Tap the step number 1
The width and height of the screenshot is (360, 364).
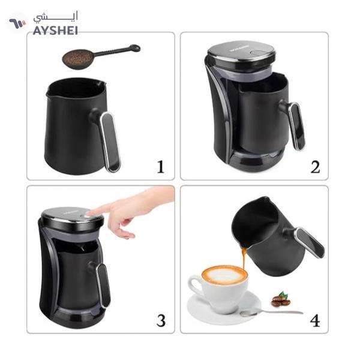159,166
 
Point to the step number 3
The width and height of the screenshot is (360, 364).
160,320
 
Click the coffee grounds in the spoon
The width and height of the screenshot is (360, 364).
78,58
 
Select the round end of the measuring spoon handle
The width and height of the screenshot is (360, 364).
135,48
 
